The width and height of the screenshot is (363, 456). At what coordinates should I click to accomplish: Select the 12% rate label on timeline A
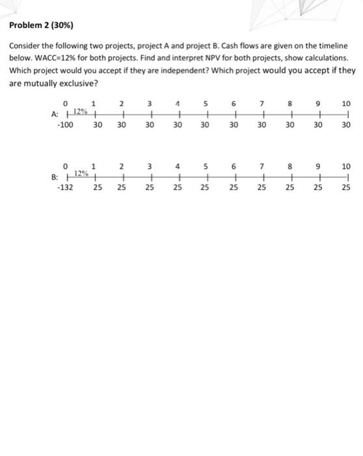[x=81, y=110]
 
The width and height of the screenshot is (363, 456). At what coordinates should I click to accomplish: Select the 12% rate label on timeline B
[x=81, y=173]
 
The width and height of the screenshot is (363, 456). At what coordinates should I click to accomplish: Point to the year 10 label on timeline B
[x=345, y=165]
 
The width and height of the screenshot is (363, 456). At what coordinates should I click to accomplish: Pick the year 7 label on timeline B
[x=262, y=165]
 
